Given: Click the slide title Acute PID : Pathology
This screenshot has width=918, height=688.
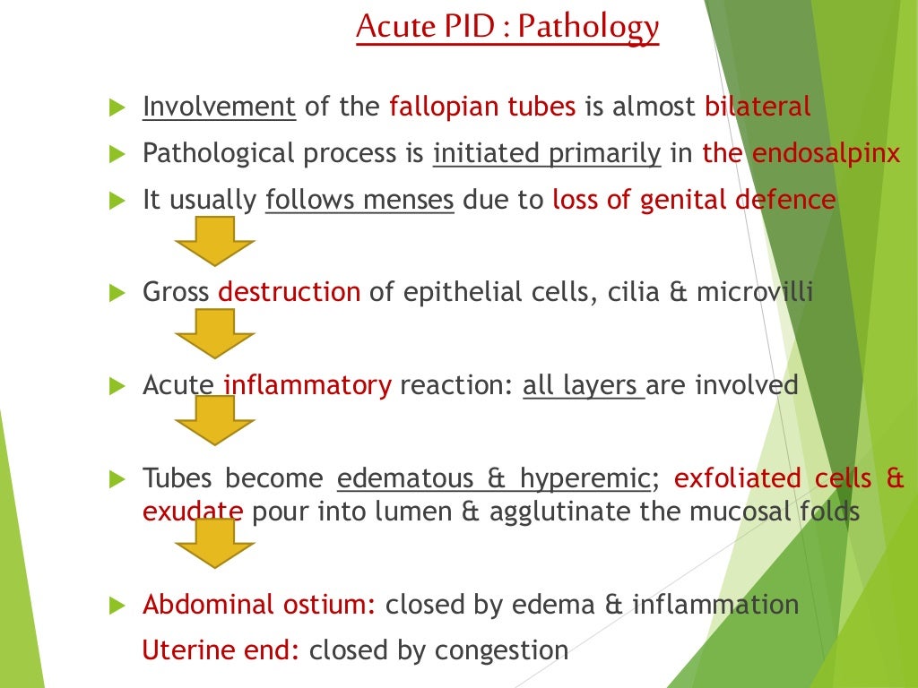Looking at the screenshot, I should pos(507,27).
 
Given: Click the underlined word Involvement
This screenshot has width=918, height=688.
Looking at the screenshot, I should pos(219,107).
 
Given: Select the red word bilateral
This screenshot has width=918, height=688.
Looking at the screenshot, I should pos(758,107).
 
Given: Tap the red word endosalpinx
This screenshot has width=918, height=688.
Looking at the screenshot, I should pos(826,153).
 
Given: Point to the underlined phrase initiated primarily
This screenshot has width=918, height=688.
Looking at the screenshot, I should pos(546,154).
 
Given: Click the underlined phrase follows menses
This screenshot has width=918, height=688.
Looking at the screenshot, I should pos(359,200).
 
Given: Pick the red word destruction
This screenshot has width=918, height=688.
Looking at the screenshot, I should pos(289,292).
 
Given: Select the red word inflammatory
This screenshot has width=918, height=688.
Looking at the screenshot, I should pos(307,385).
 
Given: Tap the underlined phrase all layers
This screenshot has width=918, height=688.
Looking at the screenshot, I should pos(583,385).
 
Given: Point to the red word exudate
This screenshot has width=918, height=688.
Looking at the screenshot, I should pos(192,512).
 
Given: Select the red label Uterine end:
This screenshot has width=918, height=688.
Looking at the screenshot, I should pos(221,650).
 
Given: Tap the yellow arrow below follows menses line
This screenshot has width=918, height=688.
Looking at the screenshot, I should pos(215,241).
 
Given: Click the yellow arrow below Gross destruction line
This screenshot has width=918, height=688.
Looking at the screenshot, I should pos(215,334).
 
